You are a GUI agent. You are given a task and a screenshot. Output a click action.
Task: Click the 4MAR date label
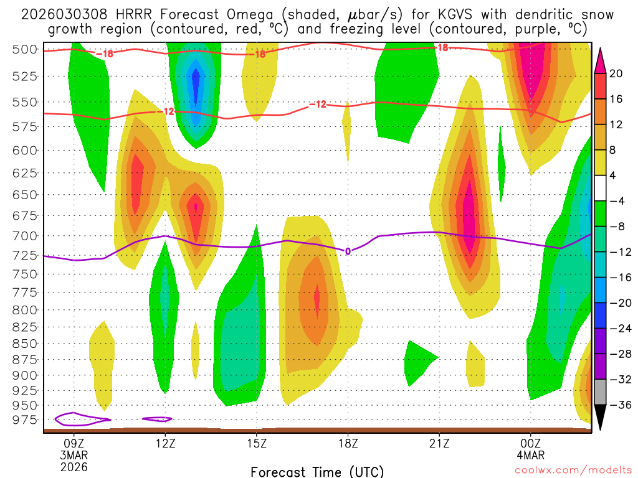[530, 454]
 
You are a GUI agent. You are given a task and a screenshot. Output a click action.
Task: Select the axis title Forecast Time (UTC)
[317, 471]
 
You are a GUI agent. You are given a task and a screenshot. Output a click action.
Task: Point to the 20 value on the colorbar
[616, 73]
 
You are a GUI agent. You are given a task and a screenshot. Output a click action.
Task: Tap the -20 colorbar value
[616, 303]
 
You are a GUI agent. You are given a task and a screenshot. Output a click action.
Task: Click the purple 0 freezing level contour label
[348, 251]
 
